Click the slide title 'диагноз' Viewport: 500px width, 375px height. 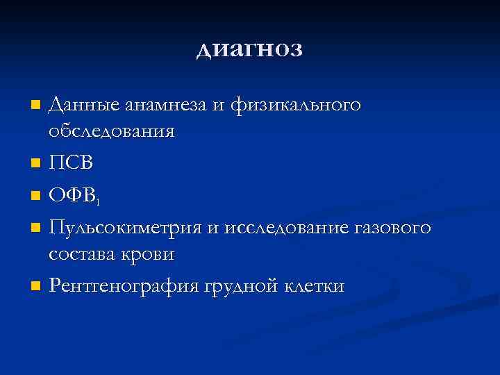tap(249, 50)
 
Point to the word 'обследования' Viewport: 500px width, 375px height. tap(111, 131)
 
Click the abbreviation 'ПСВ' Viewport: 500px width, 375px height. tap(72, 164)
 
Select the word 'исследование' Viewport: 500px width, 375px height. tap(273, 228)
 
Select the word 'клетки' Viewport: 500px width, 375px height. tap(315, 285)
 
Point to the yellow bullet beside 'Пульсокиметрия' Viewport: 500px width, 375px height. tap(36, 229)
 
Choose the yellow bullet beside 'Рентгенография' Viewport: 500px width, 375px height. tap(36, 287)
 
